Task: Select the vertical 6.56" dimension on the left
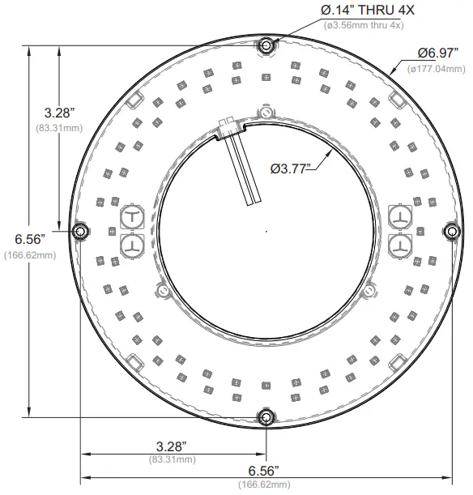click(29, 238)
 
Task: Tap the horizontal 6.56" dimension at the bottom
click(264, 471)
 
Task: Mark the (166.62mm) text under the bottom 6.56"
click(264, 484)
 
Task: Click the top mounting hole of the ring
click(266, 47)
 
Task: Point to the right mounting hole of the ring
click(450, 232)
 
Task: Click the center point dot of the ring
click(266, 232)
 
